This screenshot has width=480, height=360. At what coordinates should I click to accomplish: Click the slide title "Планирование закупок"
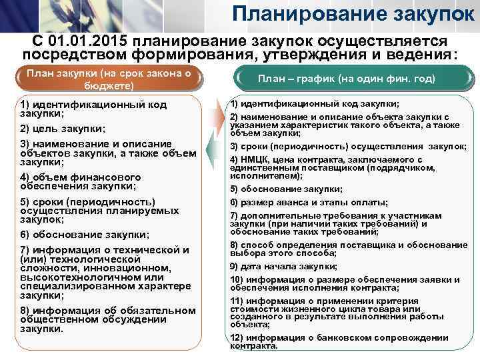354,14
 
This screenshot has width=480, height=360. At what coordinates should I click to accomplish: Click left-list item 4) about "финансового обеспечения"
81,181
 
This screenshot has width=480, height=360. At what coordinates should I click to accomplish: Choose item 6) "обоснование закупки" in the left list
84,235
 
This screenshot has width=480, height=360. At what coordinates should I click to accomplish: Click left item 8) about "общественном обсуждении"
107,319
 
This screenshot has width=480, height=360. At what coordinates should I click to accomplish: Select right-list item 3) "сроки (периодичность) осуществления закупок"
347,147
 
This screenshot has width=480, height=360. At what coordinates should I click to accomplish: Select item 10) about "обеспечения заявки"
347,283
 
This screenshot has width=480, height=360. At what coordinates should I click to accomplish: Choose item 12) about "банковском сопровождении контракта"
347,341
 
